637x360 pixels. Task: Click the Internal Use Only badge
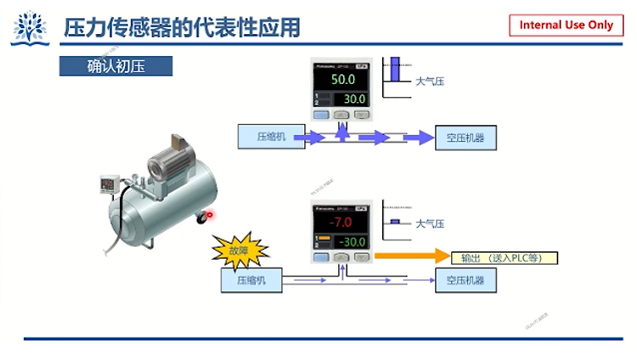[566, 25]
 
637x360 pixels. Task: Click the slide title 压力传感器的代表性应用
[183, 26]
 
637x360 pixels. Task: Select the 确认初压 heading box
[116, 65]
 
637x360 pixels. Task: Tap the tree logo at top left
[30, 28]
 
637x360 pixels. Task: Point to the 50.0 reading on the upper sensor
[343, 79]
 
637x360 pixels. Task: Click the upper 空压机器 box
[465, 137]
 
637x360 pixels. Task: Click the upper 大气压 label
[430, 82]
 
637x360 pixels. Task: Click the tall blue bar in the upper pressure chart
[394, 70]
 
